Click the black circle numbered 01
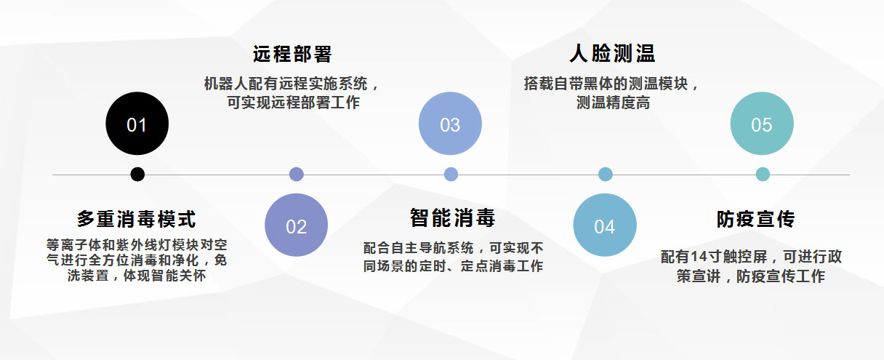click(137, 124)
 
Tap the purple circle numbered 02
click(296, 225)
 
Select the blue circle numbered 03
click(450, 124)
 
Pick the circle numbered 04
click(605, 225)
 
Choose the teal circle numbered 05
click(761, 124)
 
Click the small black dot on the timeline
click(137, 175)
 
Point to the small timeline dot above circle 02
click(296, 175)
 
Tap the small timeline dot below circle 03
click(451, 175)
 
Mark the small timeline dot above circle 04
click(606, 175)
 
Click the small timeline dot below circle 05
click(763, 175)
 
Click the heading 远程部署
click(292, 55)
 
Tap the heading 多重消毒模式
click(137, 219)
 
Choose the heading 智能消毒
click(452, 218)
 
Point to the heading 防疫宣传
click(755, 219)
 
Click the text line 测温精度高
click(613, 103)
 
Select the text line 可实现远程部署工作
click(293, 103)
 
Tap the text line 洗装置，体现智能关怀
click(137, 276)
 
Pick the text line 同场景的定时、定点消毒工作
click(453, 266)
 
